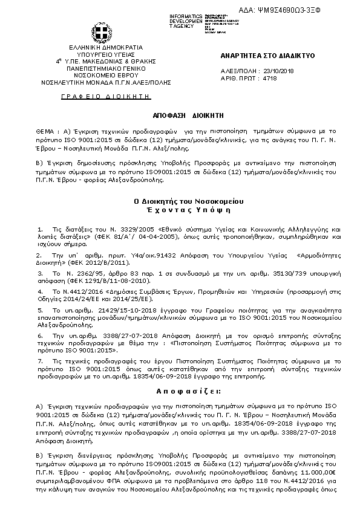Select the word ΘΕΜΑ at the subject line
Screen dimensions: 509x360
[46, 130]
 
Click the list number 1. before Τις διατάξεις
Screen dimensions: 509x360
[39, 230]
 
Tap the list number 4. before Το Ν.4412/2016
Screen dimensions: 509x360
[39, 291]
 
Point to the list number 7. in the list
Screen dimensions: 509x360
[39, 360]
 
